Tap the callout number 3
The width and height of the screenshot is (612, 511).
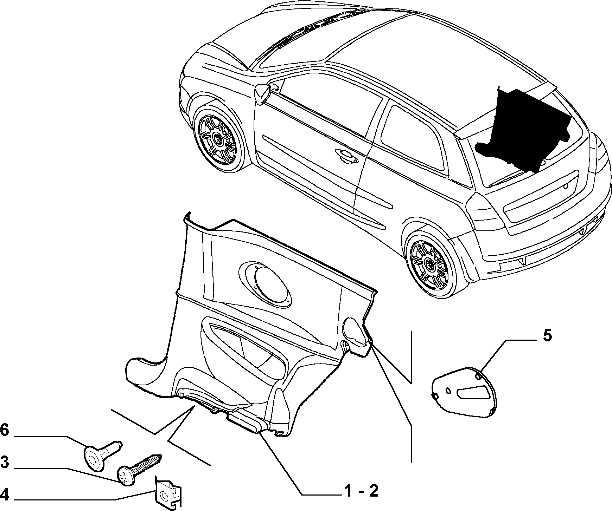click(5, 462)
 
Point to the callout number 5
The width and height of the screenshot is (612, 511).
click(548, 336)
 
